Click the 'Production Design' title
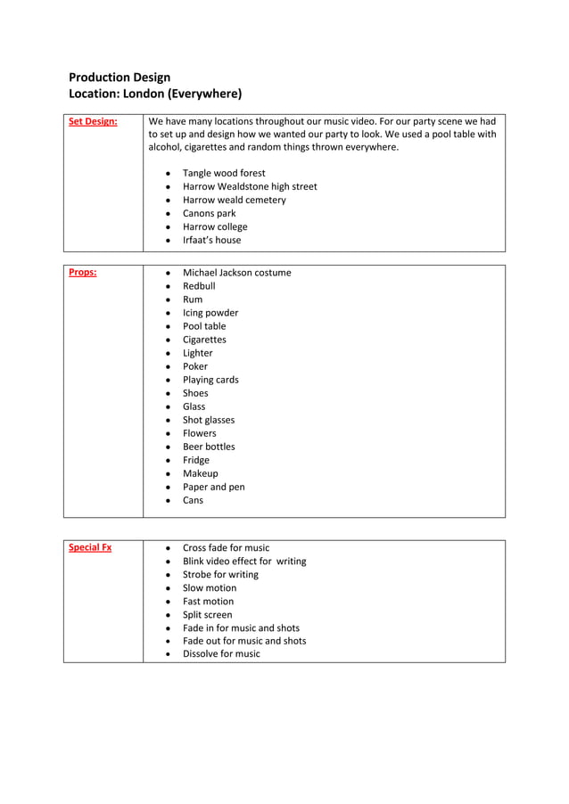click(120, 78)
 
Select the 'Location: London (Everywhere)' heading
click(155, 93)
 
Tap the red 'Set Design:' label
click(93, 121)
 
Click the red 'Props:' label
click(83, 273)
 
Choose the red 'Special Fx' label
click(90, 547)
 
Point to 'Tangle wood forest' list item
click(224, 173)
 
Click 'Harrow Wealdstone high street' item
click(250, 186)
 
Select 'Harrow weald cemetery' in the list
click(235, 200)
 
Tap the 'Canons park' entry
click(210, 213)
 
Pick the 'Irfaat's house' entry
click(211, 240)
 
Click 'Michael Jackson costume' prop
click(236, 273)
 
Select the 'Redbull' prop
click(199, 286)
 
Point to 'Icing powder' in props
click(210, 313)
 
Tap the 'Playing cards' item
click(210, 380)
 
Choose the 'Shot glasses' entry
click(209, 420)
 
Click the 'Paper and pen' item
click(213, 487)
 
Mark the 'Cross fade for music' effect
click(226, 547)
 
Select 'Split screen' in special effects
click(207, 614)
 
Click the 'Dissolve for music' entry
click(221, 653)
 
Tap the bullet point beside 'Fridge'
click(169, 461)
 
